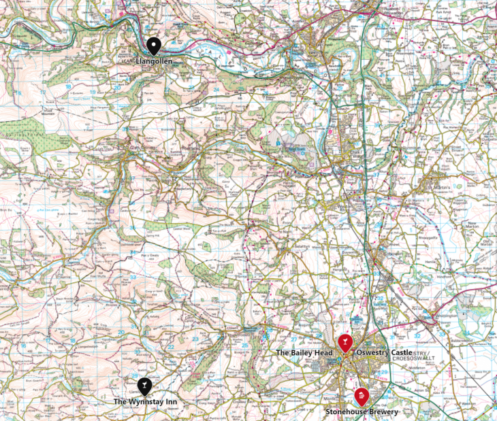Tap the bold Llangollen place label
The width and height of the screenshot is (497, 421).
(154, 62)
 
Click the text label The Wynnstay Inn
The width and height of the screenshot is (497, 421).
(145, 402)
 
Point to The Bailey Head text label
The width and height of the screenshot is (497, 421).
(304, 353)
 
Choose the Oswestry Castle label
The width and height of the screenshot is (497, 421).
(384, 353)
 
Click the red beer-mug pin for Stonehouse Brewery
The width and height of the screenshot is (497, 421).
(361, 396)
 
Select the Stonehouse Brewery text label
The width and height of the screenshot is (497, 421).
(361, 411)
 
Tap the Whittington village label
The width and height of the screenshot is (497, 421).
(446, 317)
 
